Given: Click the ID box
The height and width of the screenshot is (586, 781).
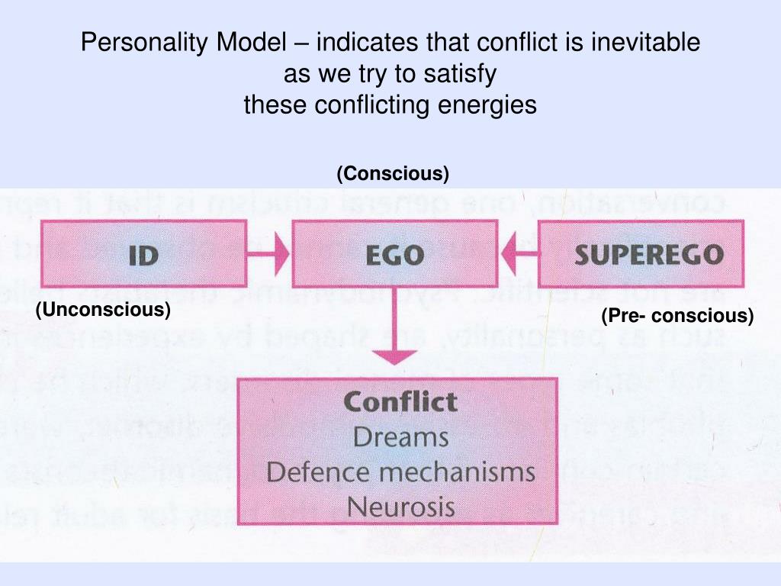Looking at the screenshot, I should (x=143, y=253).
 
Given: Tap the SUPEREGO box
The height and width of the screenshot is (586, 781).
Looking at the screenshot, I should (x=641, y=253).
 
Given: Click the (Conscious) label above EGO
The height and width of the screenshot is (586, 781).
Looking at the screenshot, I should (x=393, y=174).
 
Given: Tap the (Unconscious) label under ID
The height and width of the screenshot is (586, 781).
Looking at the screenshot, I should (x=103, y=310).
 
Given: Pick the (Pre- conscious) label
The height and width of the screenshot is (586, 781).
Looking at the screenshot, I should (x=677, y=315).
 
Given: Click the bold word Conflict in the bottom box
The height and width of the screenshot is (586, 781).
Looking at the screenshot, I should (x=400, y=402).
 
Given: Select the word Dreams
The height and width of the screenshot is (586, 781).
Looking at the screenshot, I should (x=400, y=437).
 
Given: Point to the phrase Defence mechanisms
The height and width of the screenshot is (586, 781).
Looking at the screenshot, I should (x=400, y=472).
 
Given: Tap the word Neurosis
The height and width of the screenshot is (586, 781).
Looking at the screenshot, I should (x=400, y=506).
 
